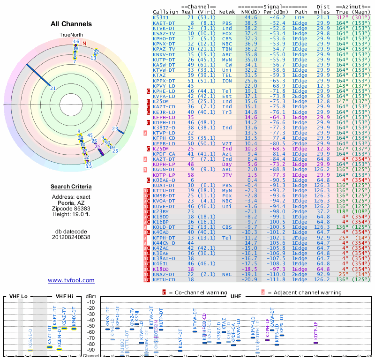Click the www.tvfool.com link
coord(71,280)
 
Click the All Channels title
coord(71,24)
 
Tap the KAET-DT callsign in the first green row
coord(164,22)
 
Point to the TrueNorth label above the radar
coord(71,35)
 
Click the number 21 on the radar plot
coord(53,88)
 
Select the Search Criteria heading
coord(71,187)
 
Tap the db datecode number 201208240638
coord(71,237)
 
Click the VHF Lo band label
coord(19,297)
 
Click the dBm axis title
coord(90,296)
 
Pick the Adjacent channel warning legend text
coord(299,292)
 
